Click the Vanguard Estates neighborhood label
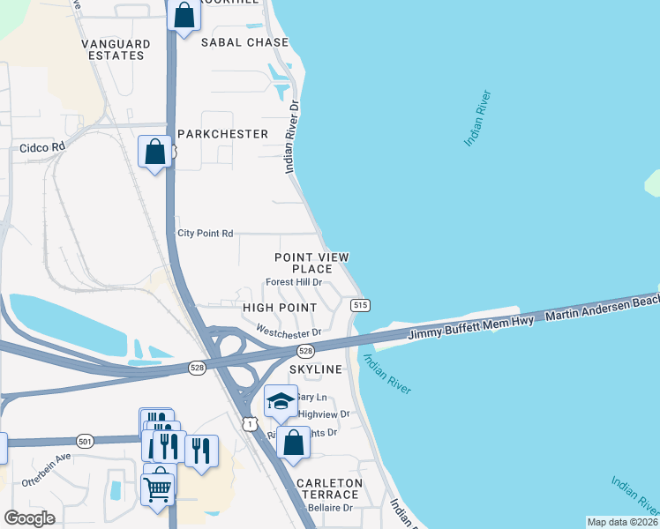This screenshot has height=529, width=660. coord(112,49)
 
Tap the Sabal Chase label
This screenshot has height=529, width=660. coord(244,42)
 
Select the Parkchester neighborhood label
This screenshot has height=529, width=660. coord(222,134)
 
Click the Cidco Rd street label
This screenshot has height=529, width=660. coord(42,148)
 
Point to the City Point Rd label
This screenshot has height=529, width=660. coord(205,234)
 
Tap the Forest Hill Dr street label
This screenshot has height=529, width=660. coord(293,283)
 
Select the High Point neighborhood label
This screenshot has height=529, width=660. coord(279,307)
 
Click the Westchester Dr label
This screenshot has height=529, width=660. coord(288,332)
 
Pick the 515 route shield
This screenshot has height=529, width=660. coord(359,305)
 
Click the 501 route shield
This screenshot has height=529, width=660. coord(84,440)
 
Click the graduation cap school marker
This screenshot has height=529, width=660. coord(281,403)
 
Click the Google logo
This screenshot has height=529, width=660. coord(29,518)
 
